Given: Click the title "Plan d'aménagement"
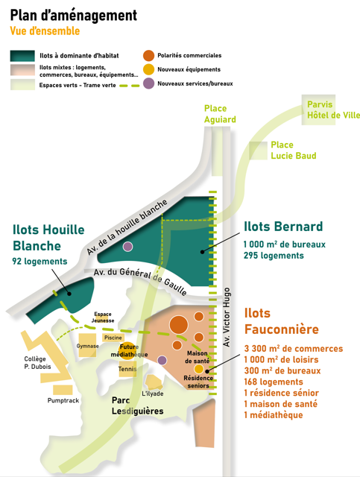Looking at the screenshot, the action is (x=74, y=16).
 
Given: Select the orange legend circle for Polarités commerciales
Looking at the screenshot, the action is (x=148, y=55).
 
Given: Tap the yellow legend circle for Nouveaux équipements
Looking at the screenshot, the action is (x=148, y=69).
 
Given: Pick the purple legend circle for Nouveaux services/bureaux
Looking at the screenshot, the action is (x=148, y=83).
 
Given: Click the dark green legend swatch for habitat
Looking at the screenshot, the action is (x=22, y=56).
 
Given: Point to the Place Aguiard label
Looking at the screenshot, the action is (x=220, y=114).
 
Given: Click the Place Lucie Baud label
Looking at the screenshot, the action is (x=294, y=151).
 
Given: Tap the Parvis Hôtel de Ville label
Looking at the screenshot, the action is (x=333, y=110).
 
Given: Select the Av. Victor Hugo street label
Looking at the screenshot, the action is (x=227, y=317).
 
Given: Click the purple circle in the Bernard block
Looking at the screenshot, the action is (x=127, y=247).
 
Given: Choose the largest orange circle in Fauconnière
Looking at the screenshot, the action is (x=179, y=325).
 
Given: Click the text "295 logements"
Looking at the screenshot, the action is (x=274, y=256).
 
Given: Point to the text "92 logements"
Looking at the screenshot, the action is (x=40, y=262).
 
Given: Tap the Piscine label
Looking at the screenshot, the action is (x=113, y=338).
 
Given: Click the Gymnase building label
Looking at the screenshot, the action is (x=87, y=346).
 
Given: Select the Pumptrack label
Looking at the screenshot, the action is (x=63, y=400).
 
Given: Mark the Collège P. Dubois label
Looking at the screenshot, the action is (x=37, y=363).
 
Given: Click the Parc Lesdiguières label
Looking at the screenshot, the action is (x=138, y=405).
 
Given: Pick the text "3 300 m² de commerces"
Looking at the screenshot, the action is (x=294, y=349).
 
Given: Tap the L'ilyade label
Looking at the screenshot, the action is (x=153, y=394).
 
